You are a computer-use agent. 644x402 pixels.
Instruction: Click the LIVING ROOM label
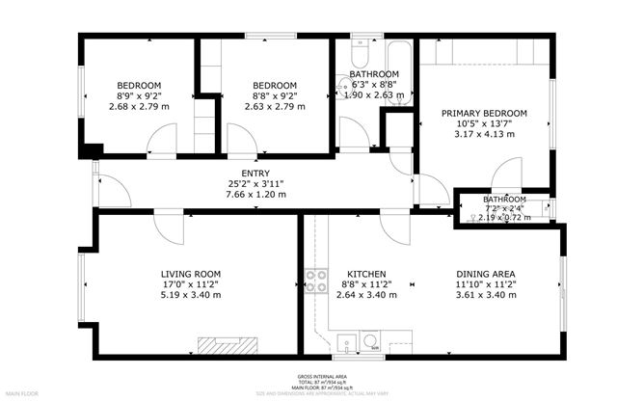(x=191, y=274)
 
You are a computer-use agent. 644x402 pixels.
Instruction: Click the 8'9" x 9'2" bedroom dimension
(x=139, y=95)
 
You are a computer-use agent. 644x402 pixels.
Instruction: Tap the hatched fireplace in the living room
(x=228, y=344)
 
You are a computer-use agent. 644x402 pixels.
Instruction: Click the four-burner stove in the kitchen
(x=315, y=281)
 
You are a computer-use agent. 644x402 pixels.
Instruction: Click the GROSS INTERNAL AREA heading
(x=322, y=375)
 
